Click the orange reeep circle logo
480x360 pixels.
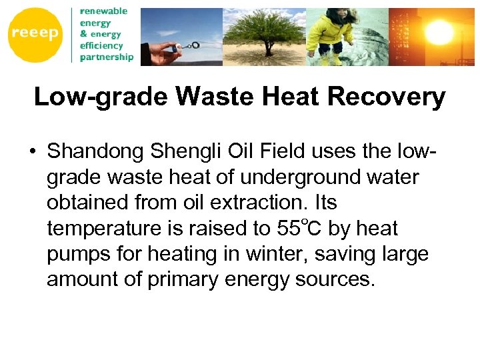click(35, 35)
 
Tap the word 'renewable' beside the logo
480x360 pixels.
click(103, 11)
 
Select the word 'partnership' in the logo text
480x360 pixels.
click(106, 57)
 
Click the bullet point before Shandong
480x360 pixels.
click(32, 152)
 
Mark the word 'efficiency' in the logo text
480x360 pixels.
click(101, 45)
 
